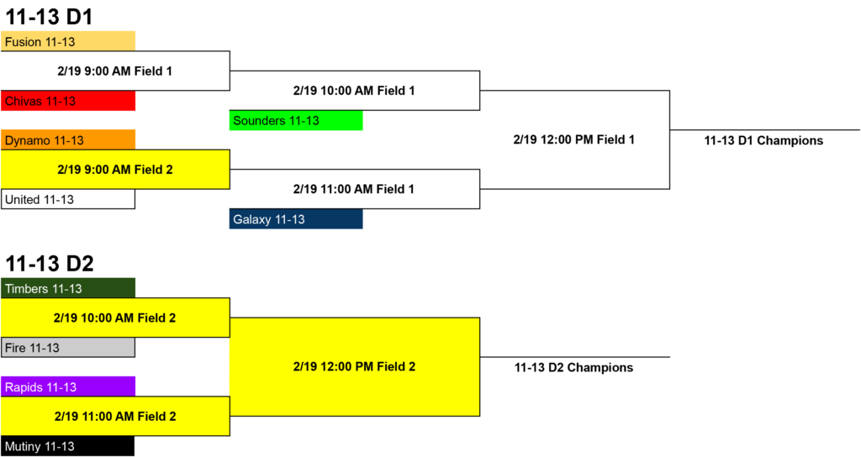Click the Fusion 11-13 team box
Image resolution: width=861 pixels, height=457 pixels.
coord(68,41)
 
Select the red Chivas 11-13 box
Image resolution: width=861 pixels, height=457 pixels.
coord(68,101)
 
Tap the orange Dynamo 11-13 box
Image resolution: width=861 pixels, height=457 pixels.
coord(68,140)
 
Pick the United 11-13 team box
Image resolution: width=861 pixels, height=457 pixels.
coord(68,199)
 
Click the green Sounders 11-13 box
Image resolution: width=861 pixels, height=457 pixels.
coord(296,121)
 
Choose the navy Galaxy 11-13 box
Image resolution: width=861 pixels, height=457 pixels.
coord(296,219)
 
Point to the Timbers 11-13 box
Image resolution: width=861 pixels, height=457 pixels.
coord(68,288)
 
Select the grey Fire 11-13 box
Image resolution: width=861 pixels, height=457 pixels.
coord(68,347)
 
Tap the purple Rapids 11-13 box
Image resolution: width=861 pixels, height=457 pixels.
coord(68,386)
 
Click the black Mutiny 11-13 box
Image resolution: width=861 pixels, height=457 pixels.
coord(68,446)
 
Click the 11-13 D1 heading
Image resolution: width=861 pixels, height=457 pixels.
coord(50,17)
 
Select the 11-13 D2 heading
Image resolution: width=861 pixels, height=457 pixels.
coord(50,264)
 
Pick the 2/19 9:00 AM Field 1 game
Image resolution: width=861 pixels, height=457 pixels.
coord(114,71)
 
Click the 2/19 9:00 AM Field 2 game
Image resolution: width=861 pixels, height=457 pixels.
coord(114,170)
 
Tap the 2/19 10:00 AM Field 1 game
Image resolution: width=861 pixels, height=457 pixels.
coord(354,91)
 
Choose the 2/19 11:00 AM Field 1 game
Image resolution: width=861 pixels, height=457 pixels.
coord(354,189)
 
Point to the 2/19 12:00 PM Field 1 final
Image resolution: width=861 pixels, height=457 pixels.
coord(573,140)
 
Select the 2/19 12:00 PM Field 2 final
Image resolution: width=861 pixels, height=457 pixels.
coord(354,366)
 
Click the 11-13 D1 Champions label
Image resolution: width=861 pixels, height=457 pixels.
coord(763,140)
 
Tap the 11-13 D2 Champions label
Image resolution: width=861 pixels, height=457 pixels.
coord(573,368)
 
